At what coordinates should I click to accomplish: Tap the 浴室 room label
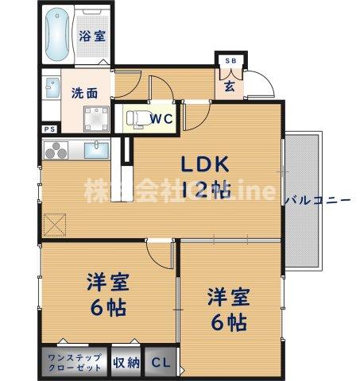click(x=90, y=35)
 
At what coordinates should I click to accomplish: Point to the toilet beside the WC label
click(x=134, y=119)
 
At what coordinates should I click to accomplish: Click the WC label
click(x=162, y=119)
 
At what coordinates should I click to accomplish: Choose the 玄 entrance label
click(x=229, y=85)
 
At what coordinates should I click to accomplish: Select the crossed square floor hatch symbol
click(x=55, y=225)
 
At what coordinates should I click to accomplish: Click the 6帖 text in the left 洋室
click(x=106, y=306)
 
